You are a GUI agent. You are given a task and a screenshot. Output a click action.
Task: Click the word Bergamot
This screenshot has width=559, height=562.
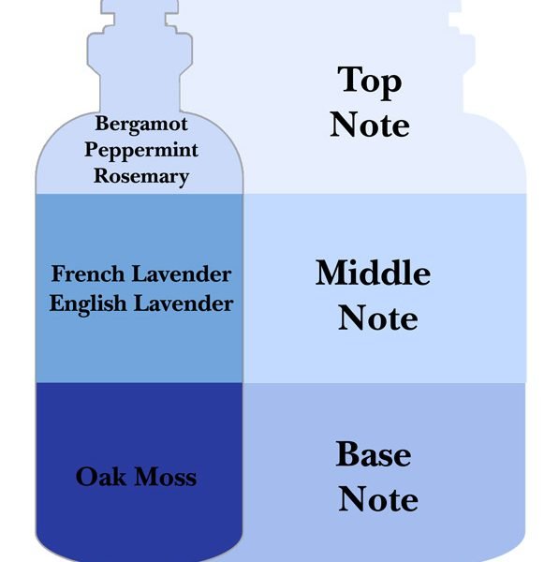pyautogui.click(x=141, y=125)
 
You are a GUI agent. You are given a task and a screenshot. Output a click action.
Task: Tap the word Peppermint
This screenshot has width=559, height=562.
pyautogui.click(x=141, y=151)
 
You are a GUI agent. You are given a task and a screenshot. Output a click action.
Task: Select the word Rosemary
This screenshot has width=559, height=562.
pyautogui.click(x=141, y=177)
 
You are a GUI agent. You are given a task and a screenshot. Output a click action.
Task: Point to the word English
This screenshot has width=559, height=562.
pyautogui.click(x=88, y=304)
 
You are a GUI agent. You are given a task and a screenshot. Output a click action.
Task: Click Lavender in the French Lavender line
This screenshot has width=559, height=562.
pyautogui.click(x=182, y=274)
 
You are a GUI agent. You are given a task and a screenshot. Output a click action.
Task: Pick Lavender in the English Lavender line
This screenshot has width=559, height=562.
pyautogui.click(x=184, y=303)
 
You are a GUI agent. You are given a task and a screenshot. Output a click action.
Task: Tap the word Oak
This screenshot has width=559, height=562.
pyautogui.click(x=101, y=477)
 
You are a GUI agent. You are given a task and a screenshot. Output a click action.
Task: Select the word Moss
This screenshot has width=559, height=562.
pyautogui.click(x=166, y=477)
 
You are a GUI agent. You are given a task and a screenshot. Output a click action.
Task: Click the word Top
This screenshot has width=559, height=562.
pyautogui.click(x=370, y=82)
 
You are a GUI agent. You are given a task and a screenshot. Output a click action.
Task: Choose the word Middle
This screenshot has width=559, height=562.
pyautogui.click(x=373, y=273)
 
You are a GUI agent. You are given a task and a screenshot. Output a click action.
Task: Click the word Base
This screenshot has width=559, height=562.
pyautogui.click(x=374, y=453)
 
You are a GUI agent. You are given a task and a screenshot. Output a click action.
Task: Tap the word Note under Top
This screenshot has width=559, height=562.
pyautogui.click(x=370, y=125)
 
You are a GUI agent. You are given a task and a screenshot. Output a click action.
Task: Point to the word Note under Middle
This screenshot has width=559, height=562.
pyautogui.click(x=378, y=318)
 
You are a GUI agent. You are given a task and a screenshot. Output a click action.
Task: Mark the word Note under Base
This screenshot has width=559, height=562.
pyautogui.click(x=378, y=498)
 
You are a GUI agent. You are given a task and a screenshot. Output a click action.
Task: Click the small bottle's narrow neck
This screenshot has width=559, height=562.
pyautogui.click(x=140, y=92)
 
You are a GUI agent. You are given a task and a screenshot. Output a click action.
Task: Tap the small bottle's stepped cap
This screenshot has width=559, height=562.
pyautogui.click(x=140, y=36)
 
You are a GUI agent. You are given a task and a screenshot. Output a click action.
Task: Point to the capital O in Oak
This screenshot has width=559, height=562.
pyautogui.click(x=84, y=478)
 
